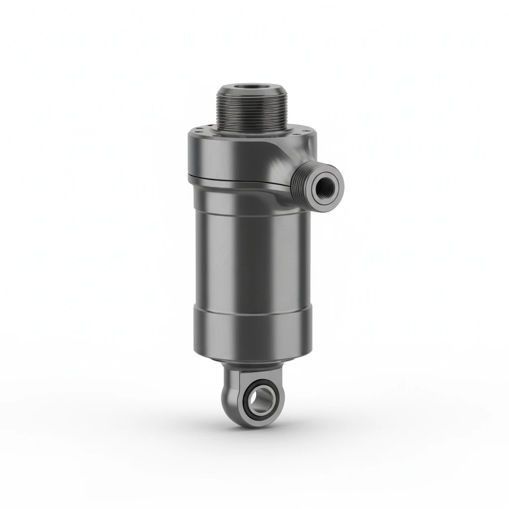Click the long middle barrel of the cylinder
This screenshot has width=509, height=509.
(249, 249)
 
